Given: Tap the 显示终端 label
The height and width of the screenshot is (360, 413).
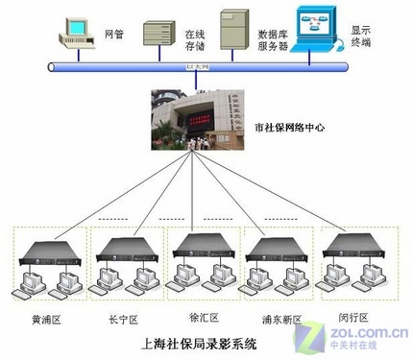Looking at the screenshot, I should point(362,36).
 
